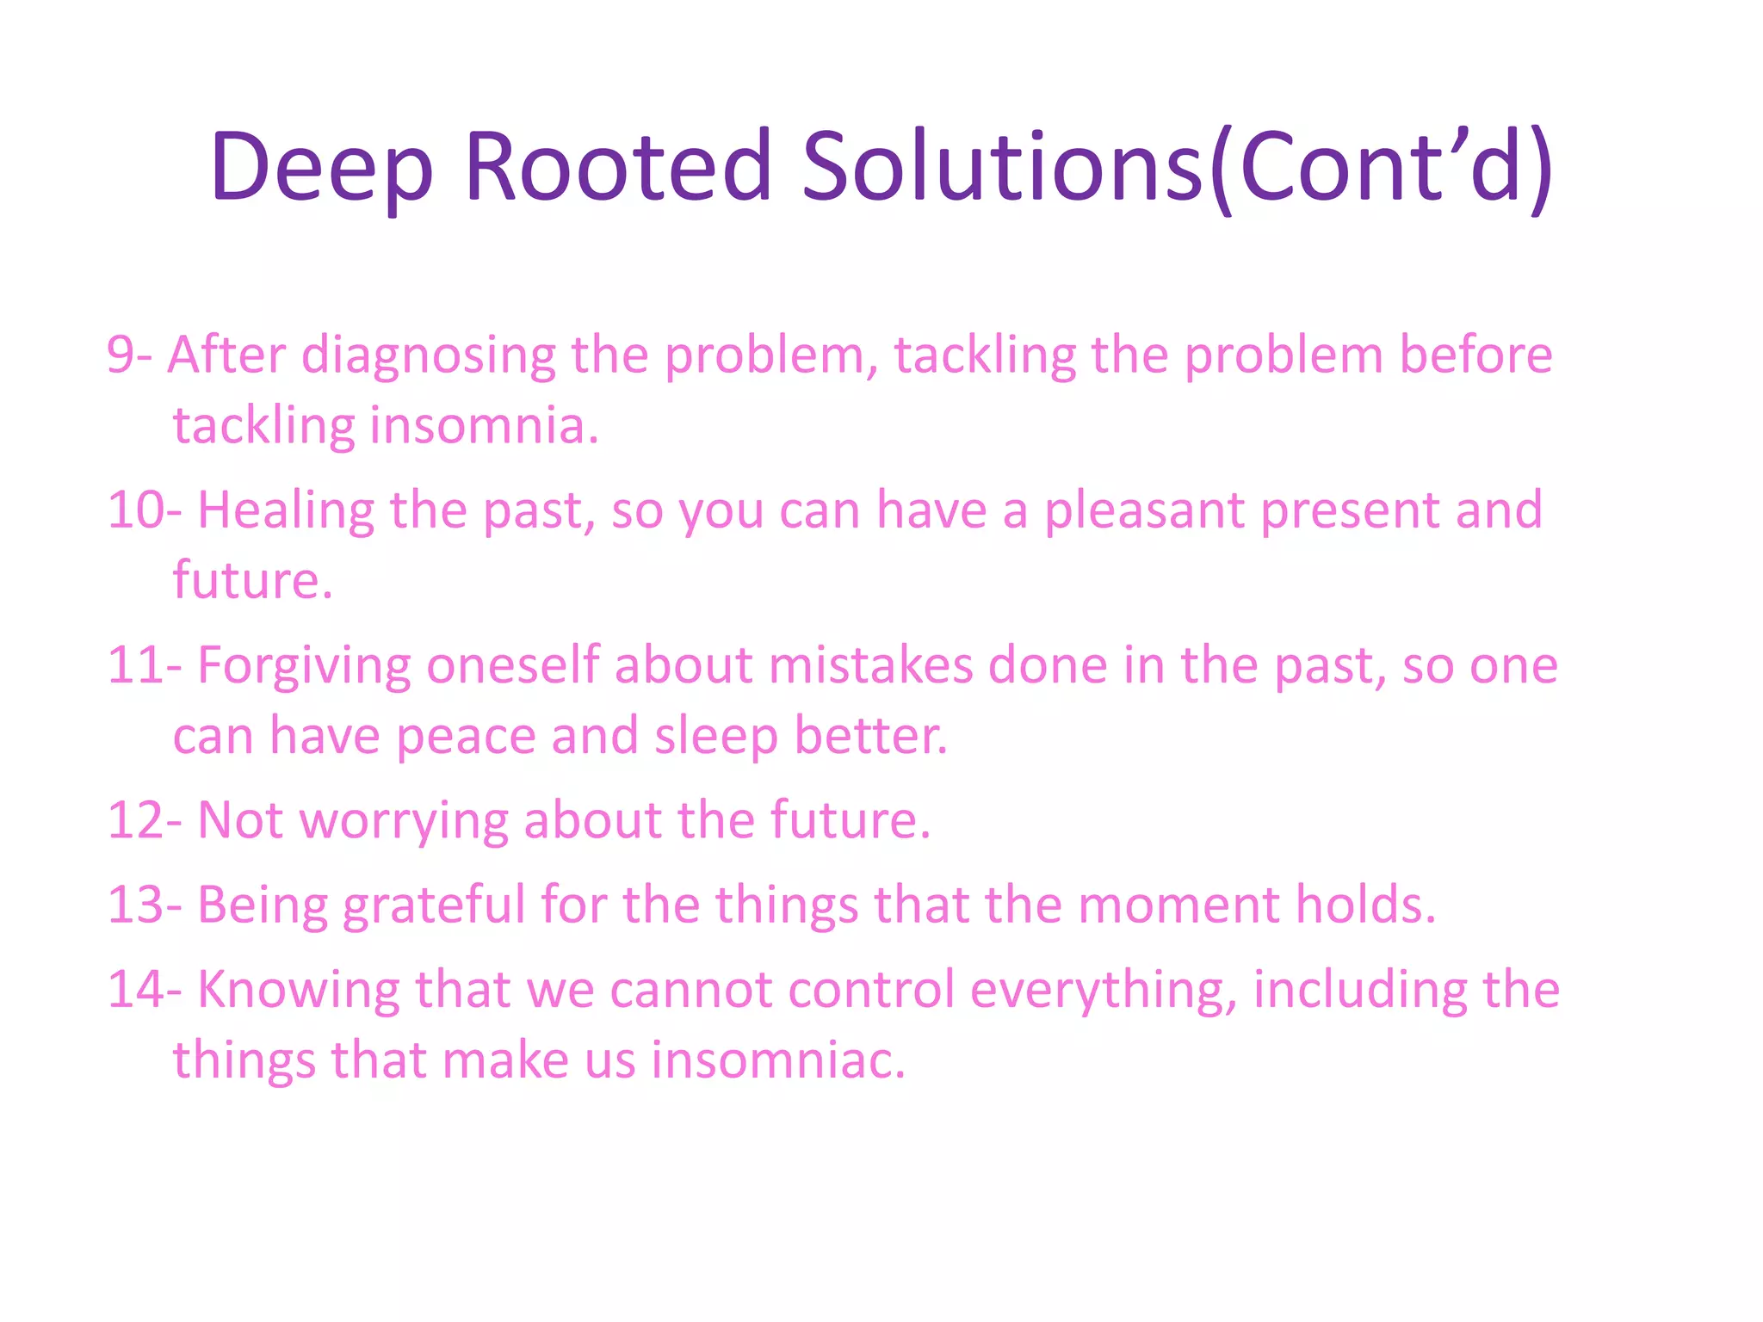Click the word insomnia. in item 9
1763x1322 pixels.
coord(484,426)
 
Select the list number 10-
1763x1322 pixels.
coord(145,510)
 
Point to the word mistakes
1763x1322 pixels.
coord(870,665)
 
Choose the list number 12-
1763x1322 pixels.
coord(145,819)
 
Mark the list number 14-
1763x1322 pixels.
coord(145,989)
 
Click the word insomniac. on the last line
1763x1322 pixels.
coord(778,1059)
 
